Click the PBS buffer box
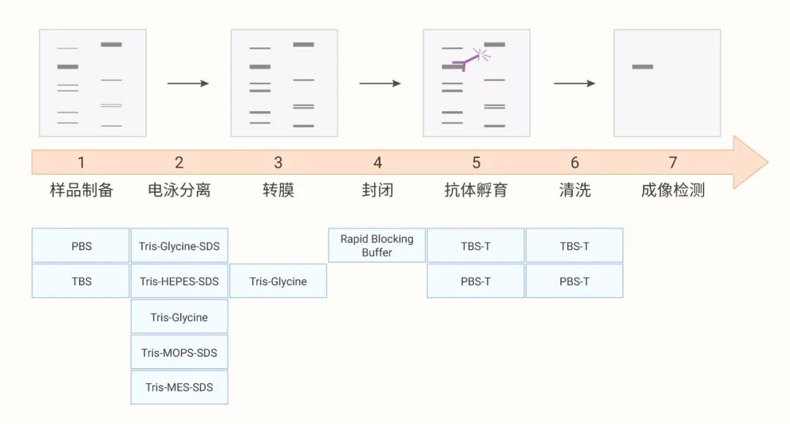80,246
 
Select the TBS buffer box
80,281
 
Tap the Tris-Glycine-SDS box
179,246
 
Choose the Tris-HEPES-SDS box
179,281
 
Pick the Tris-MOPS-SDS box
179,352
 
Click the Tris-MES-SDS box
179,387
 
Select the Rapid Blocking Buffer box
377,246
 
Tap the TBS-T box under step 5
475,246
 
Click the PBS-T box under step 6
574,281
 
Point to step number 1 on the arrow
81,162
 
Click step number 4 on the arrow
377,162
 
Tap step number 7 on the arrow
673,162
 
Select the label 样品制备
81,191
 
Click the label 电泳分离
179,191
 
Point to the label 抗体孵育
475,191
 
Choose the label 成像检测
673,191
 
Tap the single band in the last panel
642,67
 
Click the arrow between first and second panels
188,83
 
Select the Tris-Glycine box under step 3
278,281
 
